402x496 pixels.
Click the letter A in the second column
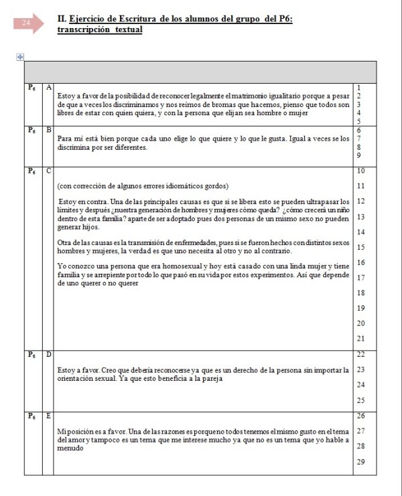point(49,87)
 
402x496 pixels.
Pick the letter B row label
point(49,129)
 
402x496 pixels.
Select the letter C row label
point(49,171)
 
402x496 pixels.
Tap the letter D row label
point(49,354)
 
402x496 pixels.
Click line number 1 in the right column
point(360,88)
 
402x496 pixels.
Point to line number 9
point(360,155)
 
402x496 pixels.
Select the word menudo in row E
point(70,448)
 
